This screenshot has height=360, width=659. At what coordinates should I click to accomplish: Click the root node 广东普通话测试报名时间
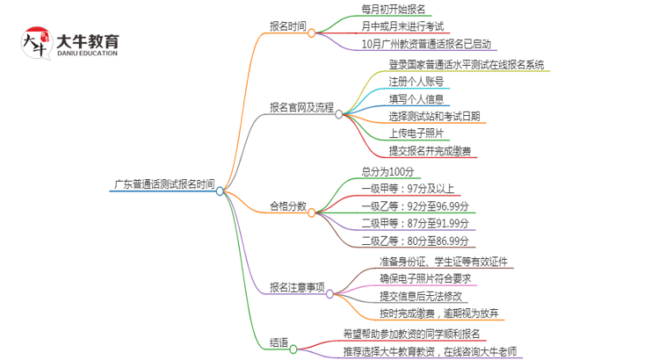[x=163, y=185]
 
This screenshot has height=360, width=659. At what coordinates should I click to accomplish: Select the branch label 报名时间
[x=288, y=26]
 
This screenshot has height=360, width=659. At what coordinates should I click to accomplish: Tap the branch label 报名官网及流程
[x=301, y=108]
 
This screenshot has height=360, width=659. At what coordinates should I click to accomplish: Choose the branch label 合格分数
[x=288, y=206]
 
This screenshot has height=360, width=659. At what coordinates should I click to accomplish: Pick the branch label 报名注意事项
[x=297, y=287]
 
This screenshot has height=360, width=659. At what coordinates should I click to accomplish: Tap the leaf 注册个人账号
[x=416, y=81]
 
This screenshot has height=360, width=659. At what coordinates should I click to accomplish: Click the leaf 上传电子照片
[x=416, y=133]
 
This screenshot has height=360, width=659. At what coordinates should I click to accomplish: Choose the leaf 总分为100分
[x=386, y=171]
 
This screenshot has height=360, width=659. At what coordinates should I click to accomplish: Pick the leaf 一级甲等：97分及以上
[x=407, y=189]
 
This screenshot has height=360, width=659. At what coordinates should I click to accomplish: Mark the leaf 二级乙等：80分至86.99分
[x=415, y=241]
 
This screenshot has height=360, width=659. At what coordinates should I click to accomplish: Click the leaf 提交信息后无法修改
[x=421, y=296]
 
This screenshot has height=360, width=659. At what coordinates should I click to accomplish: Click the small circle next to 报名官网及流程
[x=338, y=112]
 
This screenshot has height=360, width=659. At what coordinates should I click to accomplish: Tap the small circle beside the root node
[x=220, y=190]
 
